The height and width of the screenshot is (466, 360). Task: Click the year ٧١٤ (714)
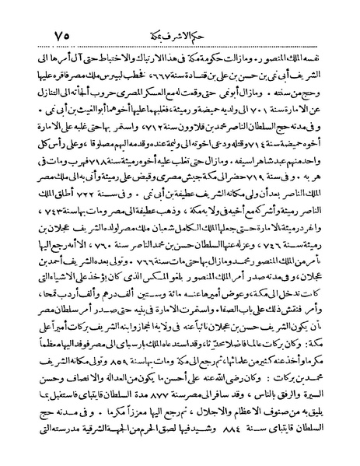tap(276, 141)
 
